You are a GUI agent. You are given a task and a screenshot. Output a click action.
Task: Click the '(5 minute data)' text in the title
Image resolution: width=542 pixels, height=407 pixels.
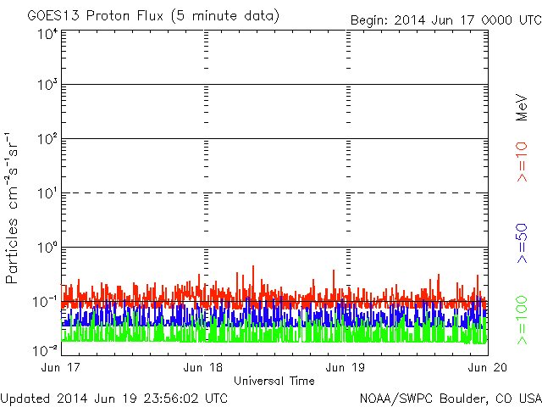coord(234,16)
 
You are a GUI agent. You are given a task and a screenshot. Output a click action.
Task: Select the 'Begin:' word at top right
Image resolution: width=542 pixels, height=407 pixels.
coord(370,20)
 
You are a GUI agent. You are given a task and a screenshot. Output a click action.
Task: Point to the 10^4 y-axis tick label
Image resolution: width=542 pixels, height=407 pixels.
coord(47,34)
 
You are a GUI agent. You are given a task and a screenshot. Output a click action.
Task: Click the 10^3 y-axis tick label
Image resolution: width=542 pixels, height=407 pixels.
coord(47,85)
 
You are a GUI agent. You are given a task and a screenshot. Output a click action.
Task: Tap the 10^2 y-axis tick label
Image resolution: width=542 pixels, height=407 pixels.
coord(47,139)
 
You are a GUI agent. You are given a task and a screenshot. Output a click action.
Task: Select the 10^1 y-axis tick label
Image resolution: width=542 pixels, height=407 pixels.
coord(47,193)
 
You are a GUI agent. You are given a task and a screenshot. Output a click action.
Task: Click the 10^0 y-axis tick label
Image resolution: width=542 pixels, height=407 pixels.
coord(47,248)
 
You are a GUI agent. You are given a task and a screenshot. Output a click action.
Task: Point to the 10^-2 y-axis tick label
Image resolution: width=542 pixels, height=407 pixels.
coord(46,350)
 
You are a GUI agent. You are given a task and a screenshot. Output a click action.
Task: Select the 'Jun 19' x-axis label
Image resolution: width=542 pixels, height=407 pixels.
coord(346,367)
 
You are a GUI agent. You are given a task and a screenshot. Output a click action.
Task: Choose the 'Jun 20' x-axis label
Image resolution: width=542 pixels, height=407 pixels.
coord(487,367)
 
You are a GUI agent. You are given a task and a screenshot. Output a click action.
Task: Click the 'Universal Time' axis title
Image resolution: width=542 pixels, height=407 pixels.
coord(274,381)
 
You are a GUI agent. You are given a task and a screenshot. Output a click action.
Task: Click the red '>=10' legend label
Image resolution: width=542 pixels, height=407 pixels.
coord(523,162)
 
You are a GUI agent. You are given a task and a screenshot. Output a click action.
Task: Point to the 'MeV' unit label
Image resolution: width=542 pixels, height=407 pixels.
coord(523,108)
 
